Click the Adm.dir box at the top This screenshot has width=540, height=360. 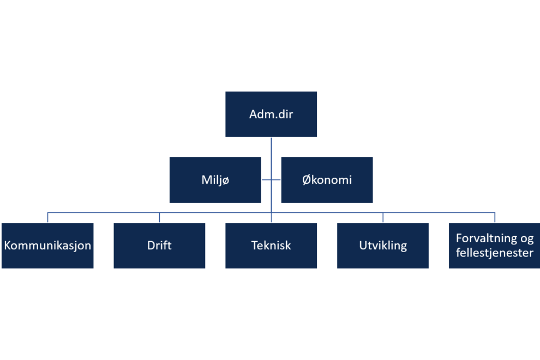point(271,114)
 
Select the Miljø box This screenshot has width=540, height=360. point(215,180)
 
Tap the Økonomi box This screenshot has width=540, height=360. point(327,180)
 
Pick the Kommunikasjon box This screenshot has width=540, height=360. point(47,245)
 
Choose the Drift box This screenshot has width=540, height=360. point(159,245)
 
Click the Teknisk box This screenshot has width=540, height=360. point(271,245)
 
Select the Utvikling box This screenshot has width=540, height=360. point(383,245)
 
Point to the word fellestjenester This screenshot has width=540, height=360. point(495,253)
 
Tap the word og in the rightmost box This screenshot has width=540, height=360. point(527,239)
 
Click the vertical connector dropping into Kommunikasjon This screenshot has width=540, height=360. point(47,218)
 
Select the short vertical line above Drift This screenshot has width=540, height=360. point(159,218)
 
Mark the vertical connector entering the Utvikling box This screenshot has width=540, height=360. point(383,218)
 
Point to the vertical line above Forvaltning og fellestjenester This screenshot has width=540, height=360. point(495,218)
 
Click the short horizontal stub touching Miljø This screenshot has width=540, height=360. point(266,180)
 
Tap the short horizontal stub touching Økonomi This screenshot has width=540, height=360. point(276,180)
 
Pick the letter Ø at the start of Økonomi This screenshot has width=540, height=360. point(306,180)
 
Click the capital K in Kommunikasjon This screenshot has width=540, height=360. point(7,245)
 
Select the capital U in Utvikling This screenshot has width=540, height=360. point(363,245)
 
